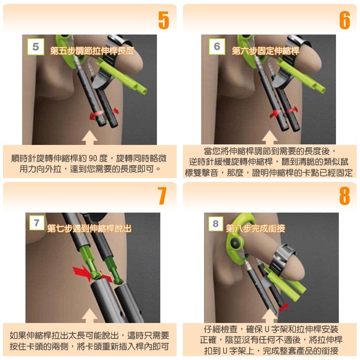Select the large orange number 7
click(x=162, y=196)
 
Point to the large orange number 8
click(x=344, y=196)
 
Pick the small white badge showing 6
click(x=217, y=47)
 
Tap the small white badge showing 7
click(x=36, y=223)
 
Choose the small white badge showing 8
click(x=216, y=224)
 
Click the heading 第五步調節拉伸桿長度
click(x=92, y=50)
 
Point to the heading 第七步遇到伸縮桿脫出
click(x=89, y=228)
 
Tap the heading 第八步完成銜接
click(x=255, y=228)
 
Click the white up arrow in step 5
click(x=90, y=138)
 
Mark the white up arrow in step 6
click(x=269, y=138)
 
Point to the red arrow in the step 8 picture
click(x=283, y=306)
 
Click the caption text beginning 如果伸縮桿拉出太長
click(x=90, y=340)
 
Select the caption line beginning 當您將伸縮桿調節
click(x=269, y=151)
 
